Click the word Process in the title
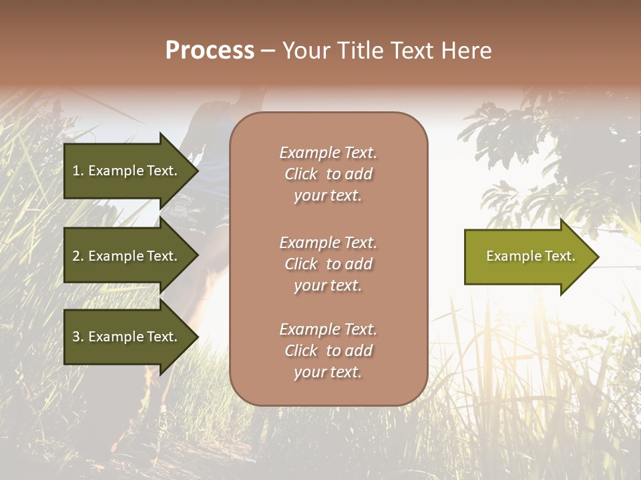click(x=210, y=51)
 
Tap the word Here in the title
click(x=467, y=51)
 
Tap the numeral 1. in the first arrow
click(x=78, y=171)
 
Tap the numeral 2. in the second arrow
click(x=78, y=256)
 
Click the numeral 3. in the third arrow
click(x=78, y=337)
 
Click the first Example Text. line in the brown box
click(x=328, y=153)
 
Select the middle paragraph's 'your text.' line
click(x=328, y=285)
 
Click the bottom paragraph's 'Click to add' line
click(x=328, y=351)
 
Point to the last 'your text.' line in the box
click(x=328, y=372)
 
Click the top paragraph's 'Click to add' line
click(x=328, y=174)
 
